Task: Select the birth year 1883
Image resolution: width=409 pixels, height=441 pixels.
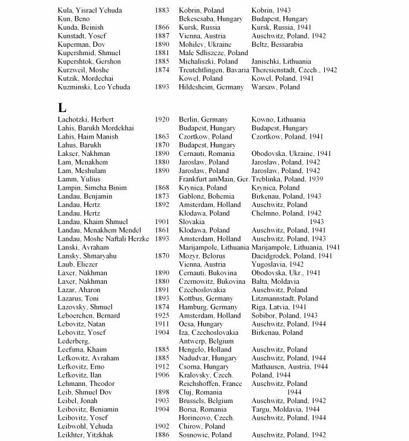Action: (x=162, y=10)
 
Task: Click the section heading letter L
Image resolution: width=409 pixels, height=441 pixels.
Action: (x=62, y=108)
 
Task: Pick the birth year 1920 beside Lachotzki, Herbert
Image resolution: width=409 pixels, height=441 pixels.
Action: (x=162, y=119)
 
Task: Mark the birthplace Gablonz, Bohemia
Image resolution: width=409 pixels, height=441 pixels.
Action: (x=208, y=196)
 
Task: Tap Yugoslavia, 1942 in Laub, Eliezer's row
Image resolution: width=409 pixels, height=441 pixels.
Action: (x=277, y=264)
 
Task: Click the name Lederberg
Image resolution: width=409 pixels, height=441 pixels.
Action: (x=74, y=341)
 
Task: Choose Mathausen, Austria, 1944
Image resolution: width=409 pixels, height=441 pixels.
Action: (x=290, y=367)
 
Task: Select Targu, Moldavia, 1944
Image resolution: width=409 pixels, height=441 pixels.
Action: (x=287, y=410)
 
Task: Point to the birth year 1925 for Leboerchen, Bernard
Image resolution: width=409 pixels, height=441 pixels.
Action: (x=162, y=316)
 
